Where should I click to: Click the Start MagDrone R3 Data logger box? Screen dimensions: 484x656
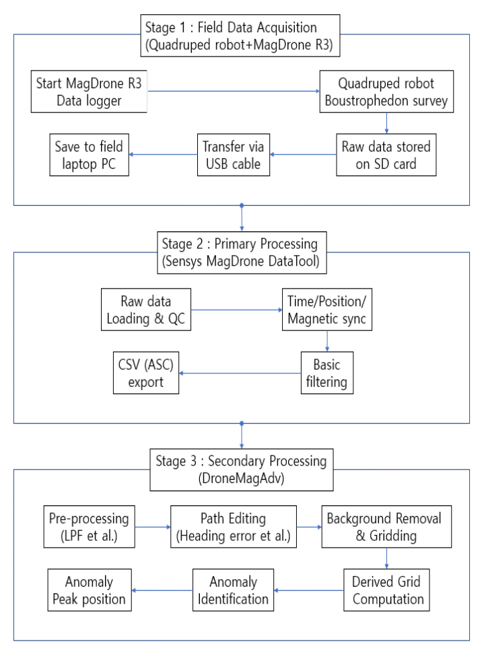[x=89, y=92]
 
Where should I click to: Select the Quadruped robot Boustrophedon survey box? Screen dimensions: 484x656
[x=386, y=92]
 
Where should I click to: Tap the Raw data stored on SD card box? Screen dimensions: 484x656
[x=386, y=155]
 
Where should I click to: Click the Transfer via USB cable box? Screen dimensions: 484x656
[x=233, y=155]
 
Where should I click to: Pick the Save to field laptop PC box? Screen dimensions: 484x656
[x=89, y=155]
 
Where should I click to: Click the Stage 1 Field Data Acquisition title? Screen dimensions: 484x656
[x=240, y=36]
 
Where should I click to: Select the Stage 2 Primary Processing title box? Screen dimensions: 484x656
[x=242, y=253]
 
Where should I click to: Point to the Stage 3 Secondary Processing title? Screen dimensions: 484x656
[x=242, y=470]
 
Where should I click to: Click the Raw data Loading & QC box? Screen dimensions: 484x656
[x=145, y=309]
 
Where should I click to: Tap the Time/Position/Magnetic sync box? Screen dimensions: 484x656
[x=327, y=309]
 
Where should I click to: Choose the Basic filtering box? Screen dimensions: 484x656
[x=327, y=373]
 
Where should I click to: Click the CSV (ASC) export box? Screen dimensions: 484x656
[x=145, y=373]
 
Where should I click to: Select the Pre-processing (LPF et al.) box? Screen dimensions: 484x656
[x=89, y=527]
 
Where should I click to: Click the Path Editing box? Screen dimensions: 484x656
[x=233, y=527]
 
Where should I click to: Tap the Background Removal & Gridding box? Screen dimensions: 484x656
[x=386, y=527]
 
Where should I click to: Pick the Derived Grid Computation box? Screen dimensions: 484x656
[x=386, y=590]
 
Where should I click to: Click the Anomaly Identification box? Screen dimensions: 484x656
[x=233, y=590]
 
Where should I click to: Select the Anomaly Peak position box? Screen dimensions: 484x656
[x=89, y=590]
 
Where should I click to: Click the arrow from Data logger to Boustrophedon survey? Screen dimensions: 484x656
[x=234, y=92]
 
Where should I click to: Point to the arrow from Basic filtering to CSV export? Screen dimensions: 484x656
[x=240, y=373]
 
